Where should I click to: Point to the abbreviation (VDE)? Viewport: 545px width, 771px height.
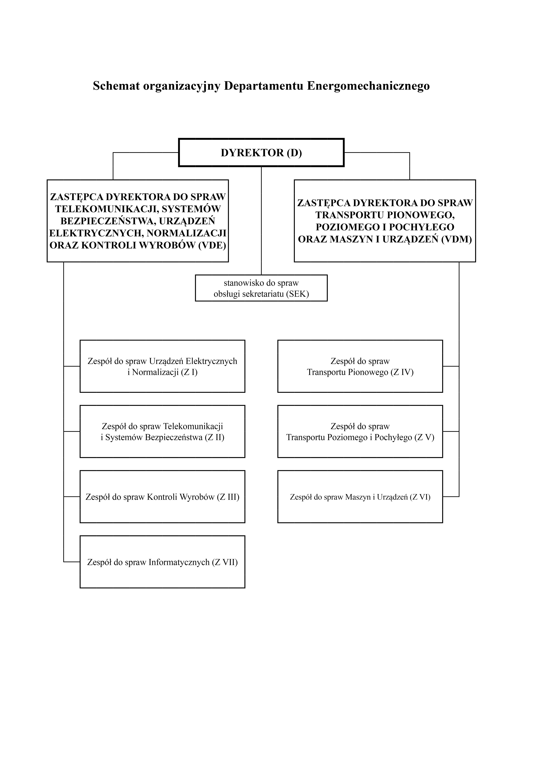pos(212,245)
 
